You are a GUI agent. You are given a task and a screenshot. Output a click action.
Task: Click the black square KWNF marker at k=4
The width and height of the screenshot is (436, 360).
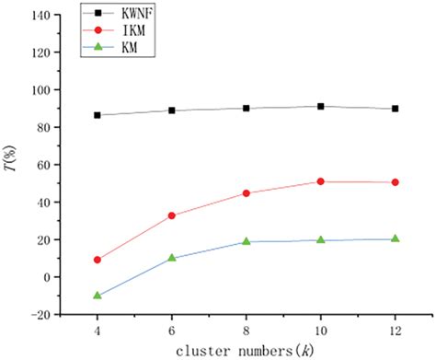97,115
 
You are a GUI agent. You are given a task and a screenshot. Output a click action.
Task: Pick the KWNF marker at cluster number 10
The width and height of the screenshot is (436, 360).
320,107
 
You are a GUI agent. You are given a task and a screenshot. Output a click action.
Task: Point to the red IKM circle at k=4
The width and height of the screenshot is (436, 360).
97,260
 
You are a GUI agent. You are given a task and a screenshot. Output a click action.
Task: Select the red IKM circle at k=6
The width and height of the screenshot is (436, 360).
171,215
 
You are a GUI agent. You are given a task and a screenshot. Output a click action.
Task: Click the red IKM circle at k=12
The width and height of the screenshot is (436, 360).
395,182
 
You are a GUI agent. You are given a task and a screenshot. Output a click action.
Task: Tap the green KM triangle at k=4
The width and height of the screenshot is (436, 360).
97,296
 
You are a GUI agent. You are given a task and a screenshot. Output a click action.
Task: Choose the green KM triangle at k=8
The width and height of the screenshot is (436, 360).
246,241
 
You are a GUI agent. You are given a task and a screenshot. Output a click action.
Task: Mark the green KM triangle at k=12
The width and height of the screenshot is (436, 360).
395,238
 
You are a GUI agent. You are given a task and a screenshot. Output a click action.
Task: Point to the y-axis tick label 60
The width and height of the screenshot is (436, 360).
41,165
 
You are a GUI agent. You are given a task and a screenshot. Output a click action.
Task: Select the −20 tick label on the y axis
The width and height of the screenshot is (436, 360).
38,314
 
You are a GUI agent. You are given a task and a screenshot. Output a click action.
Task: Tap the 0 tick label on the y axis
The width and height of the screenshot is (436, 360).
45,276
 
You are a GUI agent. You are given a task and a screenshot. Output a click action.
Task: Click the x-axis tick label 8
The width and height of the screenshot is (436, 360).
246,329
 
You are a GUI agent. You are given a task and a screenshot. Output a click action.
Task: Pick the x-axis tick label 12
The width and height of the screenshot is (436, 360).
395,329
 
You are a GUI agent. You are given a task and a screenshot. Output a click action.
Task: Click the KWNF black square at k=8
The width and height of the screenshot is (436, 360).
246,108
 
